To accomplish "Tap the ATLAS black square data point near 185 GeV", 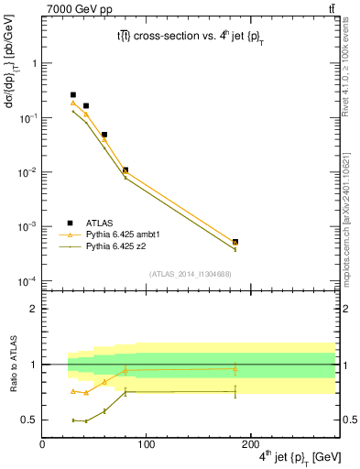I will click(235, 242).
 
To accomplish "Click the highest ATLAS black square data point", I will click(73, 94).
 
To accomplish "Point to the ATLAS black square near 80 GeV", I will click(125, 170).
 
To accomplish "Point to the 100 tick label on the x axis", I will click(147, 445).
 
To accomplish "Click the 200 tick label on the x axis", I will click(251, 445).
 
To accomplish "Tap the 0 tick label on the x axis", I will click(42, 445).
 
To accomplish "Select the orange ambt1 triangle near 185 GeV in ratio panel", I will click(235, 368).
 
